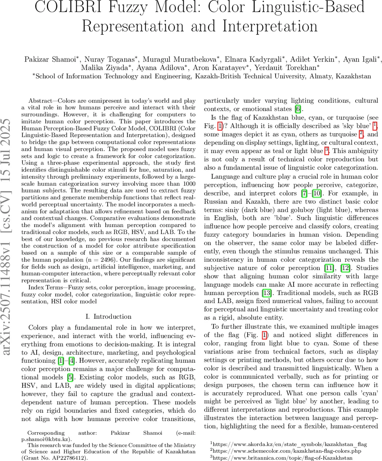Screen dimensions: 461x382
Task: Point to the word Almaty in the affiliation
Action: pos(321,76)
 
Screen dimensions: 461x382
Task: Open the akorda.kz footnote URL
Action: pos(282,443)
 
